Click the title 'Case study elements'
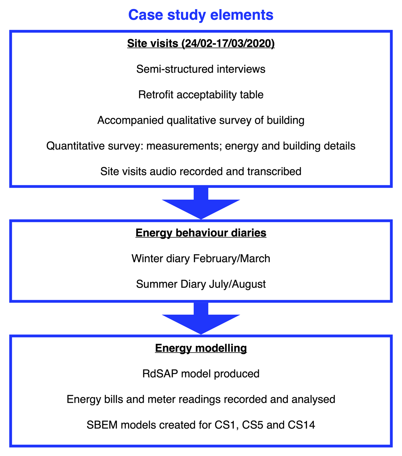[x=201, y=15]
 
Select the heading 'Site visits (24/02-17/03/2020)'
[x=201, y=44]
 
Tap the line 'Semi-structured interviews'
[x=201, y=69]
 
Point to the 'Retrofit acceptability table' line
[x=201, y=95]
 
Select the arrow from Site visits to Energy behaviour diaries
[x=201, y=204]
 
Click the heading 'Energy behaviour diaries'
[x=201, y=233]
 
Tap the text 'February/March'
[x=231, y=258]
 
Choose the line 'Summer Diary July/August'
[x=201, y=284]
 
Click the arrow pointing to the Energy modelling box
[x=201, y=319]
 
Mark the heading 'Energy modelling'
[x=201, y=348]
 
